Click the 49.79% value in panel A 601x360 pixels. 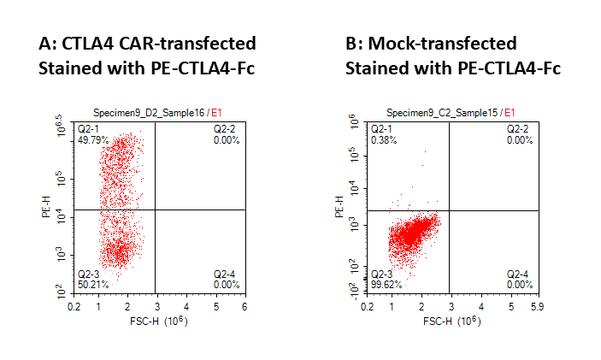click(x=91, y=139)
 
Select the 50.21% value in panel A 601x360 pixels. click(x=91, y=284)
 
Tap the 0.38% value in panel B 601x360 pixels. click(x=381, y=139)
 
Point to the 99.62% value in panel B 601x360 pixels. click(x=384, y=284)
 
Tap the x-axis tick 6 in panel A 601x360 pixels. click(x=245, y=305)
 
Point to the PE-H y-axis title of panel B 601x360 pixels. click(x=339, y=207)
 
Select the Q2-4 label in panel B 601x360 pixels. click(x=520, y=274)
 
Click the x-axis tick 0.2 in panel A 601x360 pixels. click(x=75, y=305)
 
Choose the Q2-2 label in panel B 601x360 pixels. click(x=520, y=129)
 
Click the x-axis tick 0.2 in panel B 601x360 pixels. click(x=368, y=305)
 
